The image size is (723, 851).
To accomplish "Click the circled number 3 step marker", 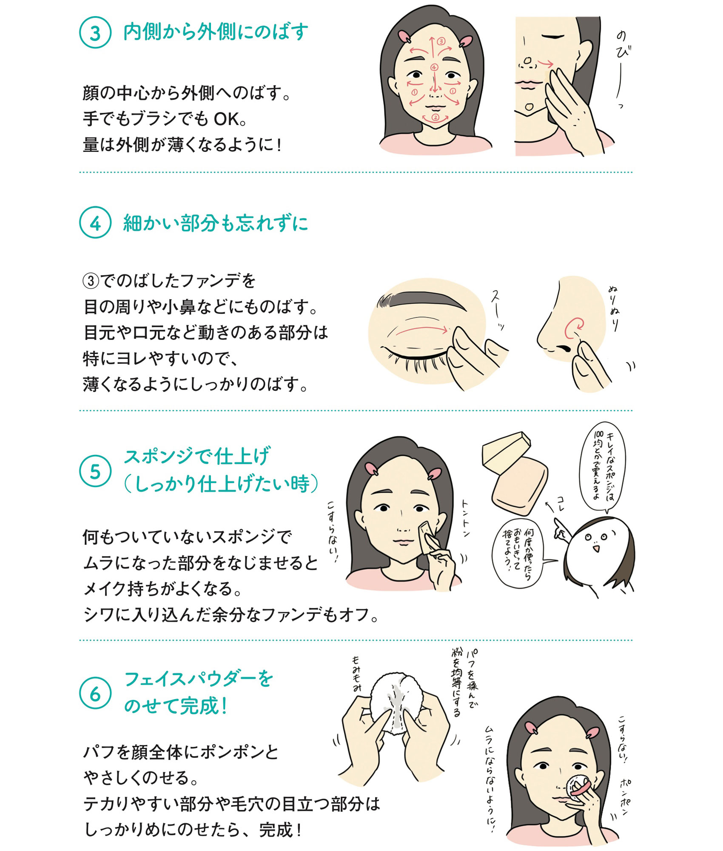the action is pyautogui.click(x=95, y=32).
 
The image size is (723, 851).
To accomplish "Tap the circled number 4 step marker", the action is pyautogui.click(x=95, y=223).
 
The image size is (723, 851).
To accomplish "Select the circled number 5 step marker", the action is pyautogui.click(x=95, y=471).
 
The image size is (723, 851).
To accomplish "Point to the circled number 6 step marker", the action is pyautogui.click(x=95, y=693).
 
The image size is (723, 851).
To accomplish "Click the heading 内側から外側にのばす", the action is pyautogui.click(x=216, y=32).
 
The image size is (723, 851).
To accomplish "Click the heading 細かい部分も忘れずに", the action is pyautogui.click(x=216, y=223).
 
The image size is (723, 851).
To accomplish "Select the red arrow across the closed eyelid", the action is pyautogui.click(x=421, y=329).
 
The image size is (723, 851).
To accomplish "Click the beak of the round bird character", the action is pyautogui.click(x=596, y=548).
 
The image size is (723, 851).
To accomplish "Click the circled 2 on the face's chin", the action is pyautogui.click(x=435, y=117).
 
